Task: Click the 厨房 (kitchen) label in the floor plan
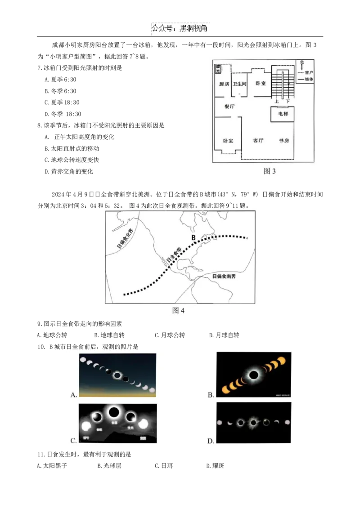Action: (224, 84)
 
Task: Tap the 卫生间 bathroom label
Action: (239, 84)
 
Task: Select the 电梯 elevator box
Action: (283, 114)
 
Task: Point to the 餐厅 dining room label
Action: (229, 107)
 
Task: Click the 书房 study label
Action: (283, 140)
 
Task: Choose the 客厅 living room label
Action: (258, 140)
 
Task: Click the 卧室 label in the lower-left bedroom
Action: (228, 141)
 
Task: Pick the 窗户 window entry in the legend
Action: (309, 72)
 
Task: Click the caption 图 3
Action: (269, 171)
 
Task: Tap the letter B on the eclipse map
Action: (193, 237)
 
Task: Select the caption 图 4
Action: (179, 311)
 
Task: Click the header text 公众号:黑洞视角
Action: (180, 28)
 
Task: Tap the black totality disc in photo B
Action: (254, 375)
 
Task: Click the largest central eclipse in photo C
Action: (114, 411)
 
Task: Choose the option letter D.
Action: (211, 441)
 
